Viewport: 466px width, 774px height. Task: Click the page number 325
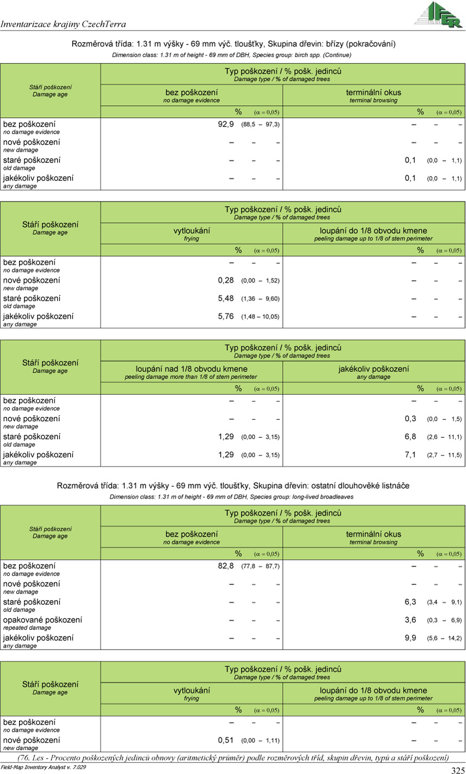click(457, 770)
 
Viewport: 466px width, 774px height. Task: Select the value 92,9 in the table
click(226, 124)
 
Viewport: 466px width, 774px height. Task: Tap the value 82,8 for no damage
click(226, 566)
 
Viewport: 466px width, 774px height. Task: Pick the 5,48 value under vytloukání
click(226, 298)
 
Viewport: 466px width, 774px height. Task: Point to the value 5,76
click(226, 316)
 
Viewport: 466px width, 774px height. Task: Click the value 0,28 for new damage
click(226, 280)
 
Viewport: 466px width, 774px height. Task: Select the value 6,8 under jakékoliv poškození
click(411, 436)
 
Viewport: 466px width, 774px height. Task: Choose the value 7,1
click(411, 454)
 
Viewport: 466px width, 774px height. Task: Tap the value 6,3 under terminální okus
click(411, 602)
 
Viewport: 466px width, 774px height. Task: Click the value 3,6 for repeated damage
click(411, 620)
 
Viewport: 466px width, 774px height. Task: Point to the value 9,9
click(411, 638)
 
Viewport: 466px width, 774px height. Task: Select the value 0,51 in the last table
click(226, 740)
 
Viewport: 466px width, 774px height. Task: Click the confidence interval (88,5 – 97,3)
click(260, 125)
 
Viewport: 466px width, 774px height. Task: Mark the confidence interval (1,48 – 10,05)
click(260, 317)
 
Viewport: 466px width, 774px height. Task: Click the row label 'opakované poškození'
click(43, 620)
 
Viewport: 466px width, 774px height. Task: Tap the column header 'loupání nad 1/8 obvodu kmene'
click(191, 369)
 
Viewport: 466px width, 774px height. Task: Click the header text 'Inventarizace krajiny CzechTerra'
click(64, 24)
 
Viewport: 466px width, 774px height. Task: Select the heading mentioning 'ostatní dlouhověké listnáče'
click(233, 485)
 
